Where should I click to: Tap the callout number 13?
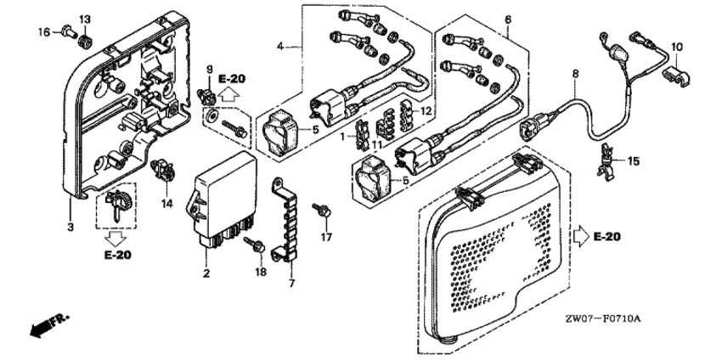pyautogui.click(x=85, y=19)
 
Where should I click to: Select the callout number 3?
pyautogui.click(x=71, y=227)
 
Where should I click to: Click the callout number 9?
pyautogui.click(x=206, y=68)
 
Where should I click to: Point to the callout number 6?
pyautogui.click(x=508, y=19)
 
